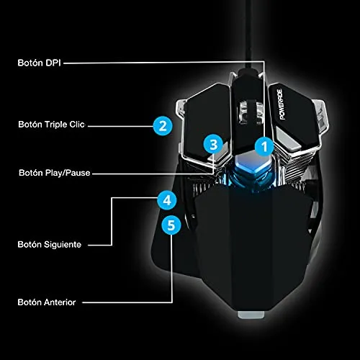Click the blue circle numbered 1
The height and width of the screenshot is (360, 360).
264,147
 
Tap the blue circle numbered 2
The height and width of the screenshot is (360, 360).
163,126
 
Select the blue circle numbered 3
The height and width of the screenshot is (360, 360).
213,145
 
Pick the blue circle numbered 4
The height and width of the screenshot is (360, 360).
167,200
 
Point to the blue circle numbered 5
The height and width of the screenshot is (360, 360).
171,225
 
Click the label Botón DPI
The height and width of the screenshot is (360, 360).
39,63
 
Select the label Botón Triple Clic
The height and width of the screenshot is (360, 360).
51,125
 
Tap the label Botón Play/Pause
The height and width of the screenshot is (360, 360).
55,173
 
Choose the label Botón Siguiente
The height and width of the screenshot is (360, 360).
50,245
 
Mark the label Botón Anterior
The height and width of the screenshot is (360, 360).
47,302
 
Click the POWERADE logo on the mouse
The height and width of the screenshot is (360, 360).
281,104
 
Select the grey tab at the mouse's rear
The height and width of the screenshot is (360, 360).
251,315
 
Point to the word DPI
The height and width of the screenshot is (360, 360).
53,63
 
